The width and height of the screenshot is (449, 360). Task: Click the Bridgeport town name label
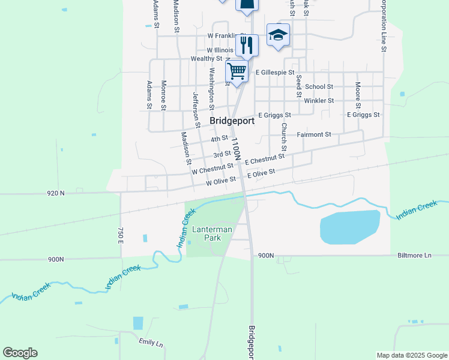click(232, 121)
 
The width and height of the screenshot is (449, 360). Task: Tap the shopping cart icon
click(237, 71)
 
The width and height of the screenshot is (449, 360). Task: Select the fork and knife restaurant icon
click(247, 44)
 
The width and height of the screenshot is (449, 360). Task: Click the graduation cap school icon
click(278, 35)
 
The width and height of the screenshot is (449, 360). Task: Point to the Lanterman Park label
click(208, 233)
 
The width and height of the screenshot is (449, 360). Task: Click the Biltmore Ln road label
click(414, 255)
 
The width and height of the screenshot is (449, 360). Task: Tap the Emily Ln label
click(151, 343)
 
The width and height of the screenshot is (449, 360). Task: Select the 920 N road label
click(55, 193)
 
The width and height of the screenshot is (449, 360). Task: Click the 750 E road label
click(121, 235)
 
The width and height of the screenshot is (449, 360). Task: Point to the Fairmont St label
click(313, 134)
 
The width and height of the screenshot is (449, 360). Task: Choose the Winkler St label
click(319, 100)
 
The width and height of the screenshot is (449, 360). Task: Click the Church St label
click(284, 137)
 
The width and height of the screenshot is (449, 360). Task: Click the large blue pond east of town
click(350, 227)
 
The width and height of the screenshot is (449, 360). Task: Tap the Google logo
click(20, 353)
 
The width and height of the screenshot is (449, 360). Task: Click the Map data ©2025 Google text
click(411, 355)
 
